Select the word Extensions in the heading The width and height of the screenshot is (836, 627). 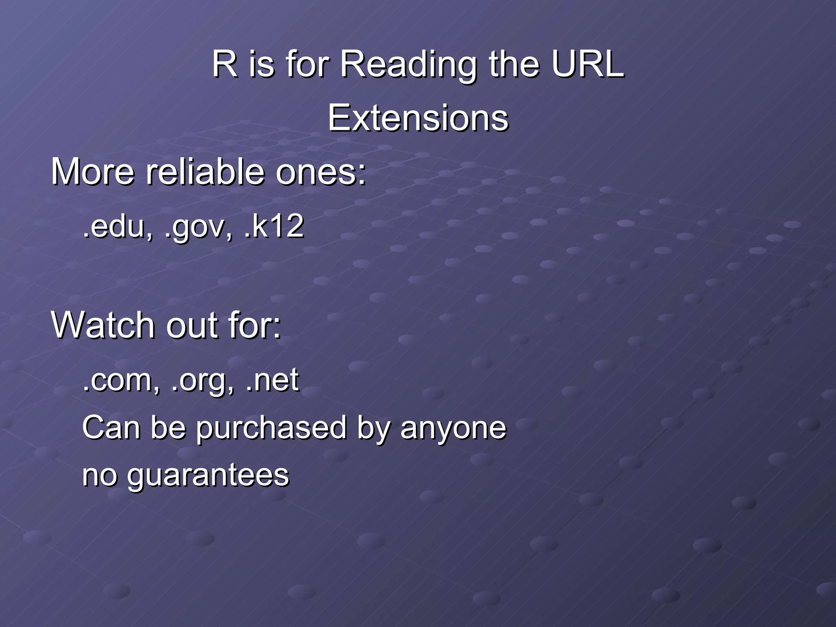[418, 118]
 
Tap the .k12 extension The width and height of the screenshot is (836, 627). [274, 226]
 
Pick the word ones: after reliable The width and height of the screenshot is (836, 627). [321, 172]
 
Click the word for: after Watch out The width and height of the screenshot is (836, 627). [255, 325]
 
